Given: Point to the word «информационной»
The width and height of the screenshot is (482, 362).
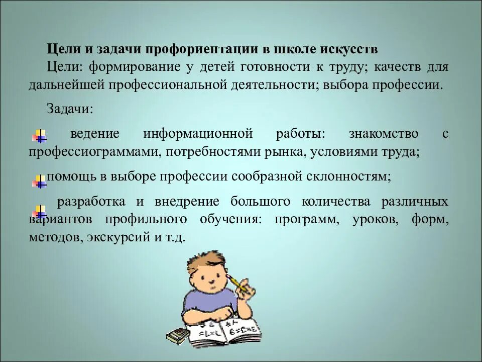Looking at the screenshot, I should pos(197,134).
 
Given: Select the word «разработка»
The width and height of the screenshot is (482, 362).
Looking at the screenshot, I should pos(91,202).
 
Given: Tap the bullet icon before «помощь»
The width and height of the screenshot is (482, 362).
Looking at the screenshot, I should pos(39,180).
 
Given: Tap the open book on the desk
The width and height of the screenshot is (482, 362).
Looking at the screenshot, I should pos(224,332).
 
